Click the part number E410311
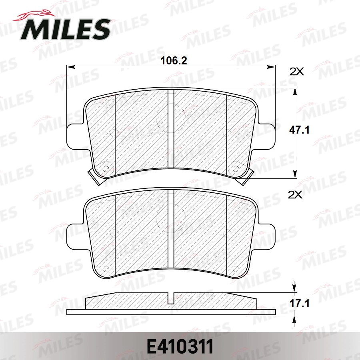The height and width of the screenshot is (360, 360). tap(180, 346)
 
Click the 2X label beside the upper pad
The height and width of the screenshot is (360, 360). tap(297, 72)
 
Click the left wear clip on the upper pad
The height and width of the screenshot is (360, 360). tap(95, 177)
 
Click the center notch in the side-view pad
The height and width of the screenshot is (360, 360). tap(171, 298)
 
